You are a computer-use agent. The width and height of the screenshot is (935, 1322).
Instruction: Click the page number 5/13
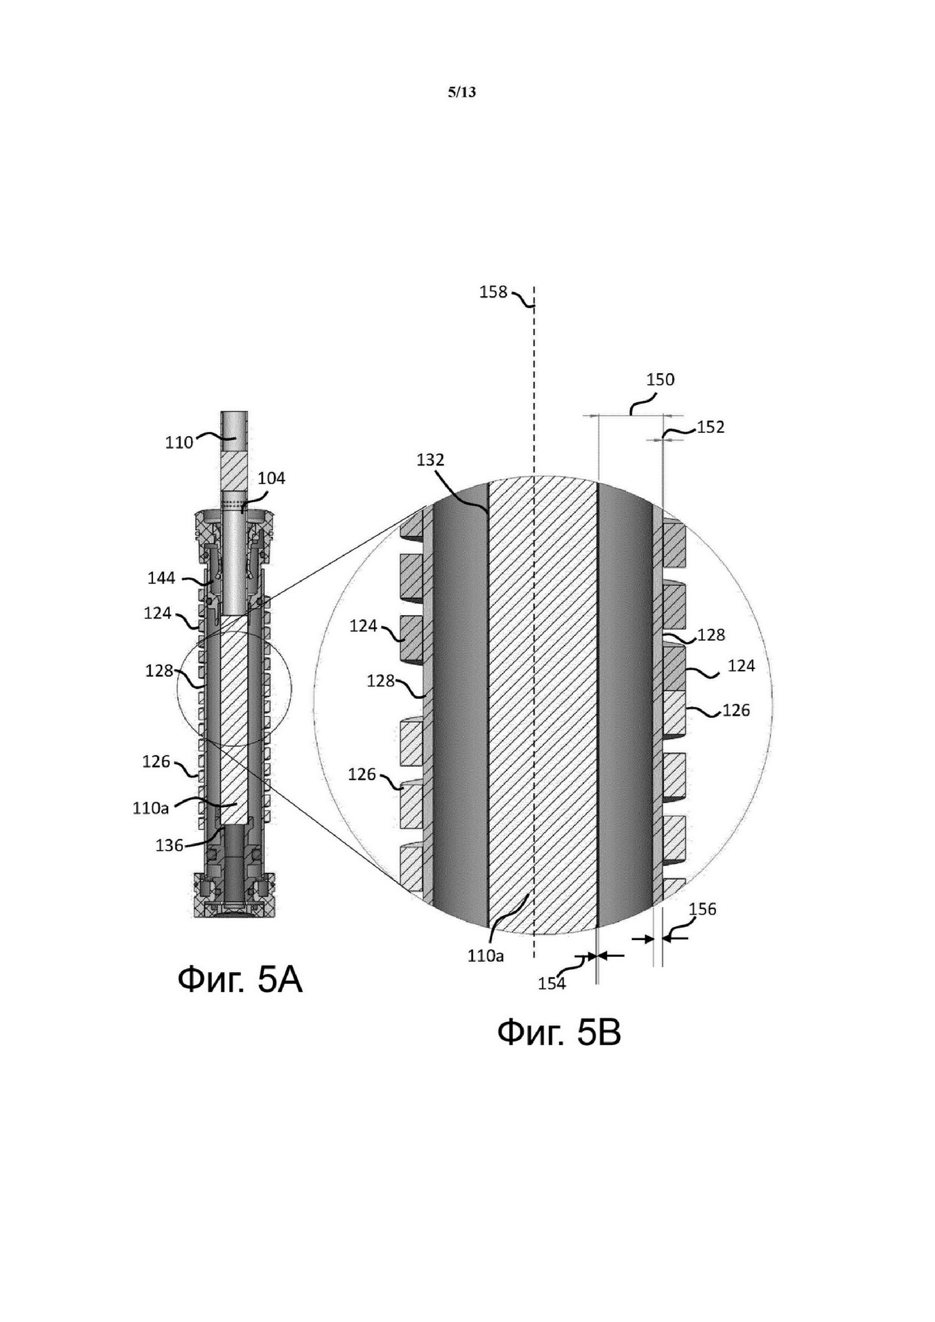[462, 92]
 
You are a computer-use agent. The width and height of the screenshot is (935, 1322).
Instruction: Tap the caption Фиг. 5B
[559, 1032]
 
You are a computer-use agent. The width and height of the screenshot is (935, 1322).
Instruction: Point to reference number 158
[494, 293]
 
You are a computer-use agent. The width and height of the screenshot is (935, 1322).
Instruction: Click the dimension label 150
[661, 380]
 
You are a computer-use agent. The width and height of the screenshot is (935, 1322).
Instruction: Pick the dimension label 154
[552, 983]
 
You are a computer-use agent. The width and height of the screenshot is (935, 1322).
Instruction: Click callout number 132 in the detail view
[431, 460]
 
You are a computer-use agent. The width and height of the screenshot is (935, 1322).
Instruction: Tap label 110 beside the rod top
[179, 443]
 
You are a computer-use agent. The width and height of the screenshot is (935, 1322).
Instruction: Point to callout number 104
[271, 478]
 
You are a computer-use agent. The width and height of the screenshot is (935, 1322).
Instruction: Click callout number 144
[161, 578]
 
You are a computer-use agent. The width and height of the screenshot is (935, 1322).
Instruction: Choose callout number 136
[169, 846]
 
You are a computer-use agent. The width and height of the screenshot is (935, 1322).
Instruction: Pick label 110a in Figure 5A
[150, 809]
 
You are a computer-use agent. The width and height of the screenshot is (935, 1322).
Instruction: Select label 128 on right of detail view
[711, 635]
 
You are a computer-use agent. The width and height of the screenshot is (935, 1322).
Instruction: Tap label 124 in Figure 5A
[158, 613]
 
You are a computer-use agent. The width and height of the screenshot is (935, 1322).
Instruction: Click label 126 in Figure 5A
[156, 762]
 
